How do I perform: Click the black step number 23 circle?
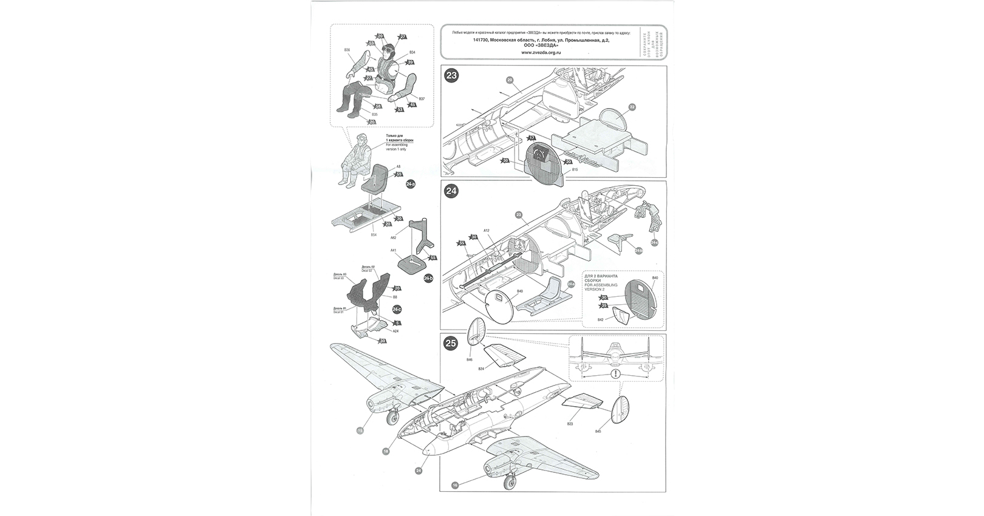point(452,76)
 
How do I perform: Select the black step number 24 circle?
point(452,191)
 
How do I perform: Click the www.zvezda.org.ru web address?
point(541,52)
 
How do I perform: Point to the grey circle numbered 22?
point(632,107)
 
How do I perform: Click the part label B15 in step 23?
point(575,171)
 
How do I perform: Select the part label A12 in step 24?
point(487,231)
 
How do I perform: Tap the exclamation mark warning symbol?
point(616,375)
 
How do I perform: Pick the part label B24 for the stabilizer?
point(481,368)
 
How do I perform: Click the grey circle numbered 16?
point(455,485)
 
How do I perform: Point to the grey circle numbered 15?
point(360,430)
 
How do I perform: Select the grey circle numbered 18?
point(386,451)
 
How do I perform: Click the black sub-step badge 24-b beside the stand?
point(428,278)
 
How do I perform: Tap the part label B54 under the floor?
point(374,234)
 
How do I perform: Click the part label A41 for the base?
point(393,250)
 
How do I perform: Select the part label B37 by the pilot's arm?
point(422,99)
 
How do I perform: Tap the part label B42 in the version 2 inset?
point(600,319)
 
